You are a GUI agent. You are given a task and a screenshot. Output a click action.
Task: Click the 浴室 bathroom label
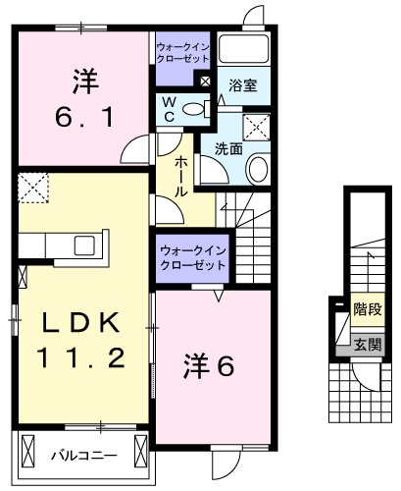coord(242,85)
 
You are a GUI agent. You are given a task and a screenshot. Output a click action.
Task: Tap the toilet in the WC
coord(196,109)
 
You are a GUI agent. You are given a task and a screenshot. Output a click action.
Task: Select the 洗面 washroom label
coord(228,149)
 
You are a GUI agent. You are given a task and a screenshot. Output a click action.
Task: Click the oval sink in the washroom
coord(259,169)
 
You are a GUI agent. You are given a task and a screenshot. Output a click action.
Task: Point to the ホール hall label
coord(180,177)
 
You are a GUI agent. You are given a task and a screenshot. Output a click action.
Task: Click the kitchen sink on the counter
coord(84,245)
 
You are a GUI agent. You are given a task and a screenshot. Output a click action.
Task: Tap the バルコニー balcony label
coord(84,456)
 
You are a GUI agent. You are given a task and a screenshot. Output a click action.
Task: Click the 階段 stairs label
coord(368,309)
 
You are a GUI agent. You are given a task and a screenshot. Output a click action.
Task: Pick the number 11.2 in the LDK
coord(81,357)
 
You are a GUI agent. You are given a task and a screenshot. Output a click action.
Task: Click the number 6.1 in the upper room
coord(84,117)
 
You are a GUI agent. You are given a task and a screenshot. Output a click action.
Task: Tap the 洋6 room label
coord(208,366)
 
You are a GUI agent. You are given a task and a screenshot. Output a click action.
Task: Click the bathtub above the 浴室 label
coord(244,48)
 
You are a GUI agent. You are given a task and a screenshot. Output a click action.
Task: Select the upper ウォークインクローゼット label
coord(182,53)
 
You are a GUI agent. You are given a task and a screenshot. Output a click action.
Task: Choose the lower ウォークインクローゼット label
coord(193,257)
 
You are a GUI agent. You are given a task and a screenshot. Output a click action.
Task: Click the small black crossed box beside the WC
coord(205,81)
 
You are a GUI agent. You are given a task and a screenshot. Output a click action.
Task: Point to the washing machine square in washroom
coord(257,128)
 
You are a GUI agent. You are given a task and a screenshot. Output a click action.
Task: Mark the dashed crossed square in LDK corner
coord(33,188)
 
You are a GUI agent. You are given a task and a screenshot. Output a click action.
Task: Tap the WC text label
coord(169,110)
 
